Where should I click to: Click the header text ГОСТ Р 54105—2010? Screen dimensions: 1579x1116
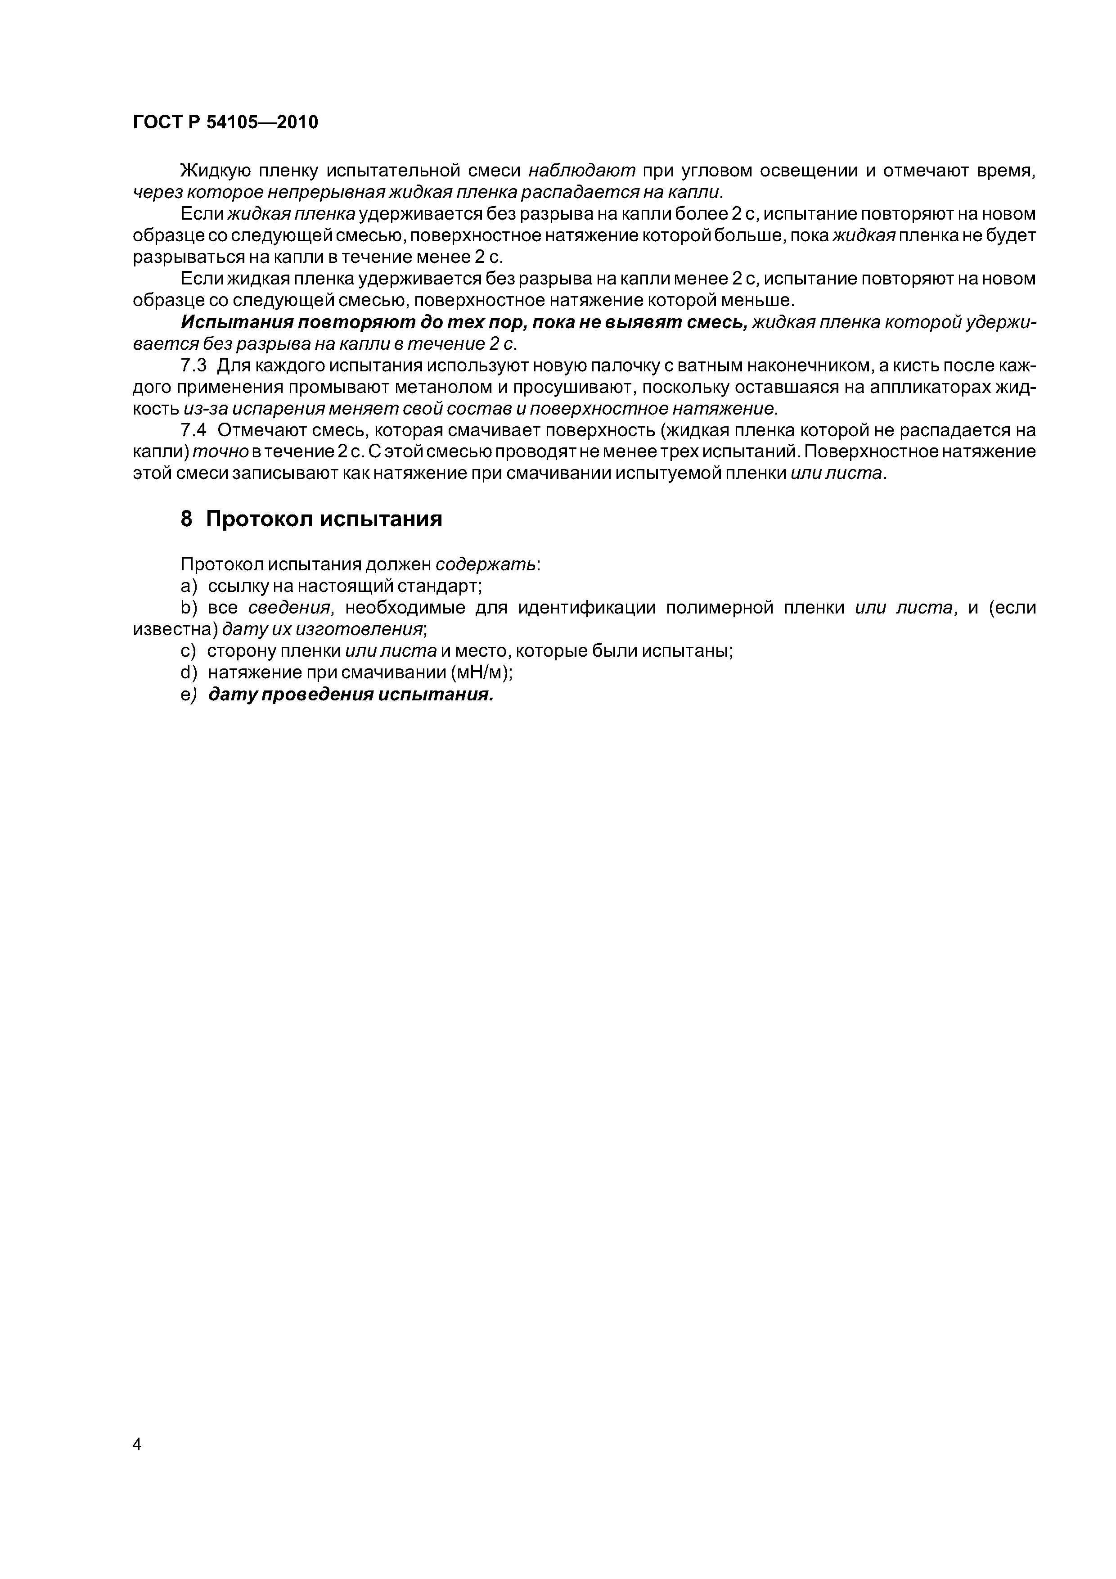(225, 123)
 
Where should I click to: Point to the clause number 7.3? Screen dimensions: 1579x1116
(193, 366)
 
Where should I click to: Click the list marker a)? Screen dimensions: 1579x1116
(189, 586)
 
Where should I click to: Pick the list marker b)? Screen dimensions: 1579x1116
(189, 608)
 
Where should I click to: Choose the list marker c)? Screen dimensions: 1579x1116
(189, 650)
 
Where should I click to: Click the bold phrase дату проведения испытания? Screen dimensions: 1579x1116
(351, 695)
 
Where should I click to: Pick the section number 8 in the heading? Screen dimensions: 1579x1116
(186, 519)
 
